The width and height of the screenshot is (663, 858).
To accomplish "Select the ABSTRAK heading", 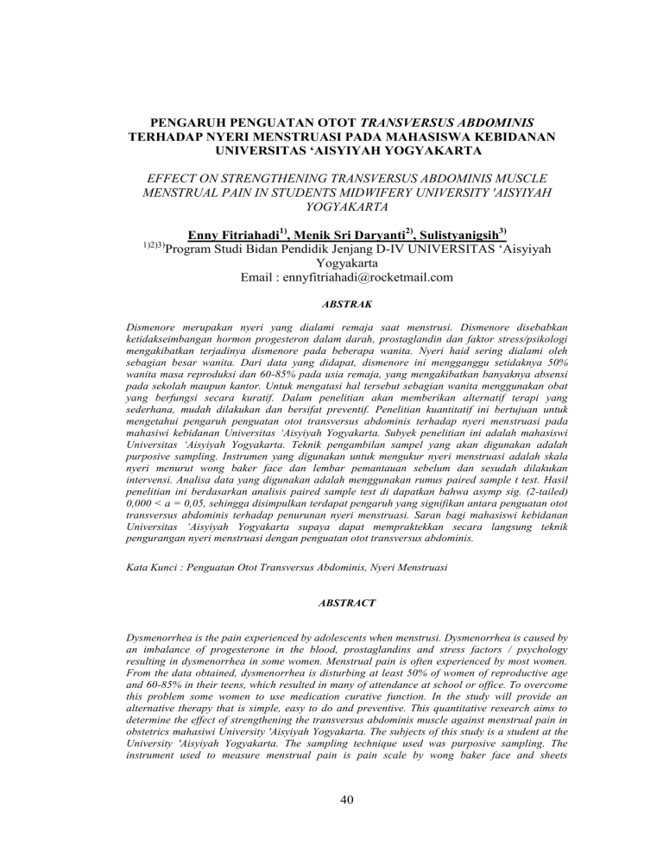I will pyautogui.click(x=331, y=306).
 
